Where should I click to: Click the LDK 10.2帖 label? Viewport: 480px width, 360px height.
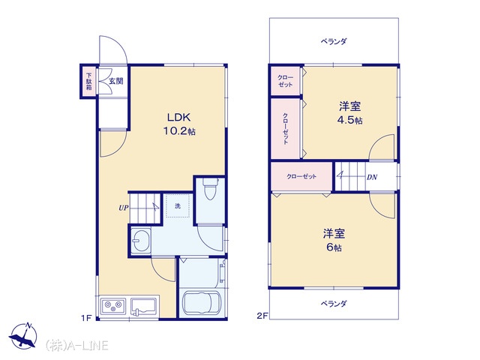coord(179,124)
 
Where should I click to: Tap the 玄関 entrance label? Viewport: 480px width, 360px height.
coord(116,81)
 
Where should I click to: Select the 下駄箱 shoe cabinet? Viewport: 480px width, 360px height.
coord(88,82)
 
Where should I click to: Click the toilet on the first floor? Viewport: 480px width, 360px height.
coord(210,188)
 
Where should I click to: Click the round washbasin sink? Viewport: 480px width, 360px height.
coord(141,241)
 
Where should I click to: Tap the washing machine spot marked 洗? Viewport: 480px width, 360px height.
coord(178,206)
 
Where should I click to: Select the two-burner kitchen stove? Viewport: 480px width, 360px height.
coord(113,305)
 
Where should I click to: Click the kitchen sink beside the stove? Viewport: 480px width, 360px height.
coord(144,306)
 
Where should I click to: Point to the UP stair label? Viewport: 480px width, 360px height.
coord(123,208)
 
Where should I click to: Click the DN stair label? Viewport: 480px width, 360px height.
coord(372,177)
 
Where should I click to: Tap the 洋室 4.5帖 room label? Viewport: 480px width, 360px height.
coord(350,113)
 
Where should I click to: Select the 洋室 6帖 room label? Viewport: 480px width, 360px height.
coord(334,240)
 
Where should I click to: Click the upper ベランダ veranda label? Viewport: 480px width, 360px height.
coord(334,41)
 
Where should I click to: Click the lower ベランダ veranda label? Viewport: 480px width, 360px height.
coord(334,303)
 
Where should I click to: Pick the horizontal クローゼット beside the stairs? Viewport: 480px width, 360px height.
coord(301,177)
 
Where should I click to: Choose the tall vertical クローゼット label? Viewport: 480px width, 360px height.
coord(285,128)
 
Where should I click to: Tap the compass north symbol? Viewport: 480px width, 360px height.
coord(23,335)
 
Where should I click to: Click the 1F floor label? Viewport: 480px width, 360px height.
coord(87,318)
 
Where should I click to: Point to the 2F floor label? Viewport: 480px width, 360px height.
coord(262,316)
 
